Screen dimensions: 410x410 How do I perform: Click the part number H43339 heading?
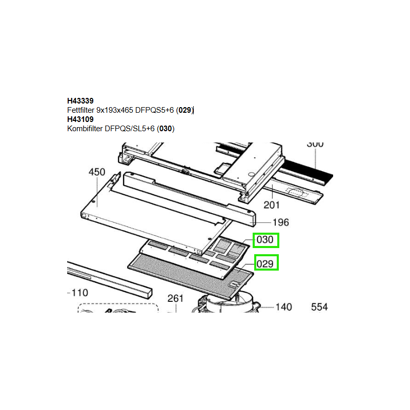80,100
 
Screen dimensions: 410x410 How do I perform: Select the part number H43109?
80,119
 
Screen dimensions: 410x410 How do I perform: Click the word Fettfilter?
80,110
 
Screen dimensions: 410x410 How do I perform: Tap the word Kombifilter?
85,129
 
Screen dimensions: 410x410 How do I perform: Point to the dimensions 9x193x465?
115,110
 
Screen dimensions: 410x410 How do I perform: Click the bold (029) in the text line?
185,110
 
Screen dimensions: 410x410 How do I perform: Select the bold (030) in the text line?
166,129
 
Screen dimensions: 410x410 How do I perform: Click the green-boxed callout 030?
265,240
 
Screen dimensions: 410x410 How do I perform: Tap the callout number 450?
97,172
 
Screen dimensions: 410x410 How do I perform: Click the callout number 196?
281,222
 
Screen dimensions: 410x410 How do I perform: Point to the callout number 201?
272,205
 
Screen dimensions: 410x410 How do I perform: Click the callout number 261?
175,298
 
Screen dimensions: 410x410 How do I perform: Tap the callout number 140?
284,307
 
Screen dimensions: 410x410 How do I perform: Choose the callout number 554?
319,307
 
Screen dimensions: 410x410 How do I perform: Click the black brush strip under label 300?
307,170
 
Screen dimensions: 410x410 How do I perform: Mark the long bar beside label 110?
110,280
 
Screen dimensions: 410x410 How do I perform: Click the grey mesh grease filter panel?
191,277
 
